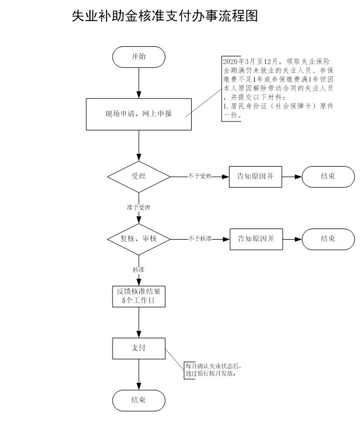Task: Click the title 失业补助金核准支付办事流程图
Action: pyautogui.click(x=164, y=17)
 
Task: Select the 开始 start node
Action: pyautogui.click(x=138, y=57)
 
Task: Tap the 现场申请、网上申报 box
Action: pyautogui.click(x=138, y=114)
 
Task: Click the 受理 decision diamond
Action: pyautogui.click(x=138, y=177)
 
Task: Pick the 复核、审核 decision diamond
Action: pyautogui.click(x=138, y=239)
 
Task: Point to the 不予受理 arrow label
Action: pyautogui.click(x=200, y=177)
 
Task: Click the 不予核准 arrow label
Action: pyautogui.click(x=200, y=239)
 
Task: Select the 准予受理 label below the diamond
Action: pyautogui.click(x=138, y=207)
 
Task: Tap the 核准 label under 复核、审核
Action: pyautogui.click(x=138, y=270)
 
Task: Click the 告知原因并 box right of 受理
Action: pyautogui.click(x=256, y=177)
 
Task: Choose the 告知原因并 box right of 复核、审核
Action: pyautogui.click(x=256, y=239)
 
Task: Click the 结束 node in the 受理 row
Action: pyautogui.click(x=328, y=177)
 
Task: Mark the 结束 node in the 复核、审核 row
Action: pyautogui.click(x=328, y=239)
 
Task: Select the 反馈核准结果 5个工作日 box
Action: pyautogui.click(x=138, y=296)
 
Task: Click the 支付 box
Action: pyautogui.click(x=138, y=348)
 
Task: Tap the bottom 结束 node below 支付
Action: pyautogui.click(x=138, y=400)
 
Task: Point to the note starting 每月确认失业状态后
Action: pyautogui.click(x=214, y=370)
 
